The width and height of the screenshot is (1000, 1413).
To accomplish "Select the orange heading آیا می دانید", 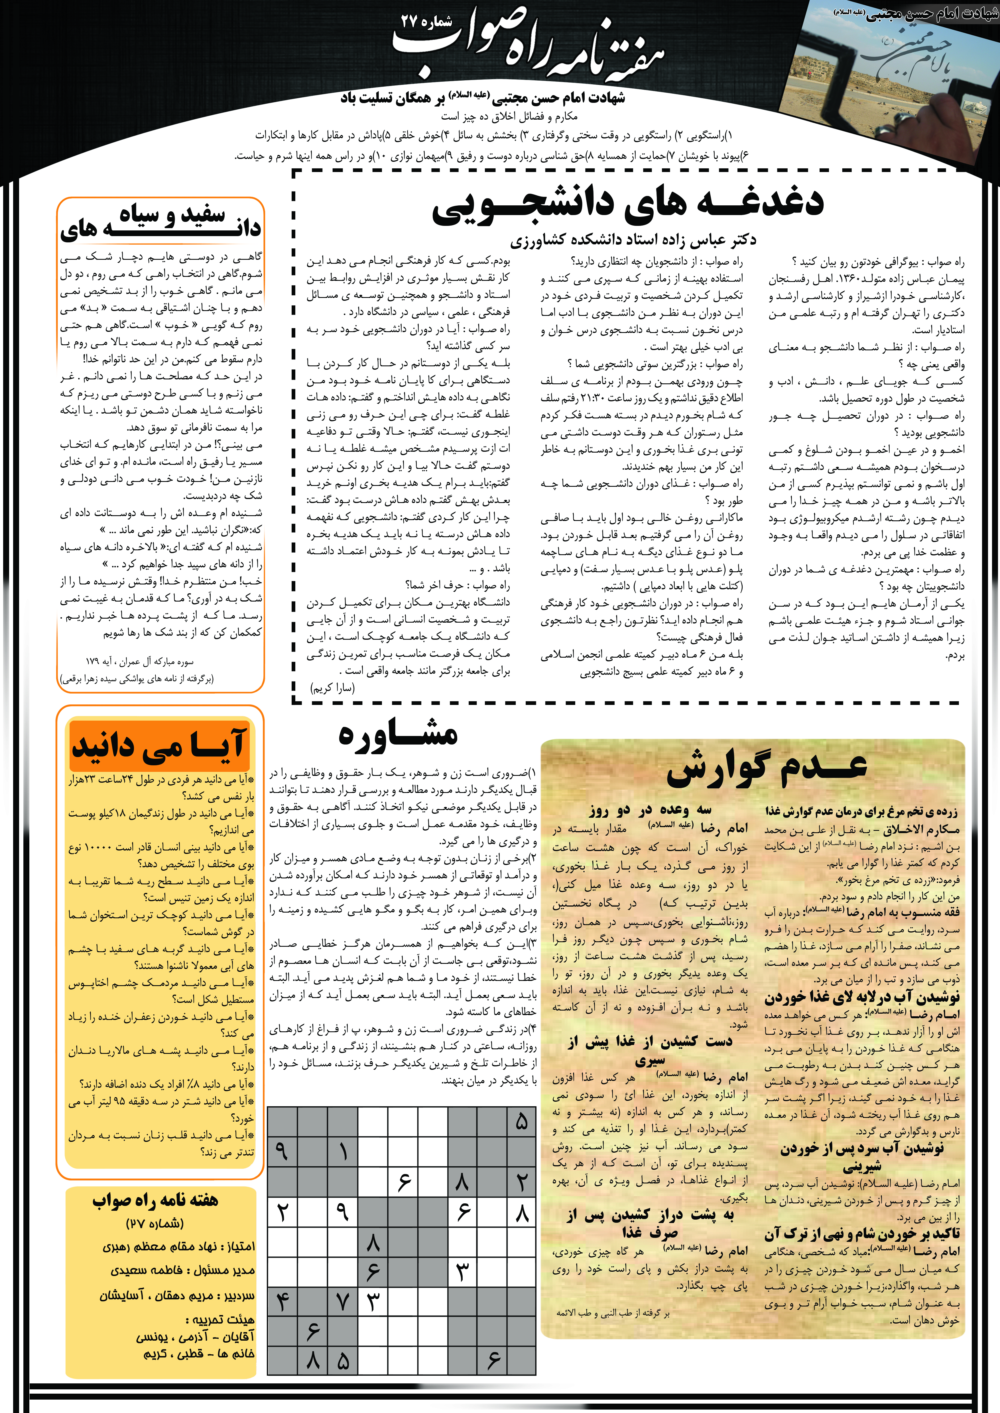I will [x=159, y=745].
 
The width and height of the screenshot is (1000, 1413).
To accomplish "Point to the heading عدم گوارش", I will [x=767, y=768].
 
